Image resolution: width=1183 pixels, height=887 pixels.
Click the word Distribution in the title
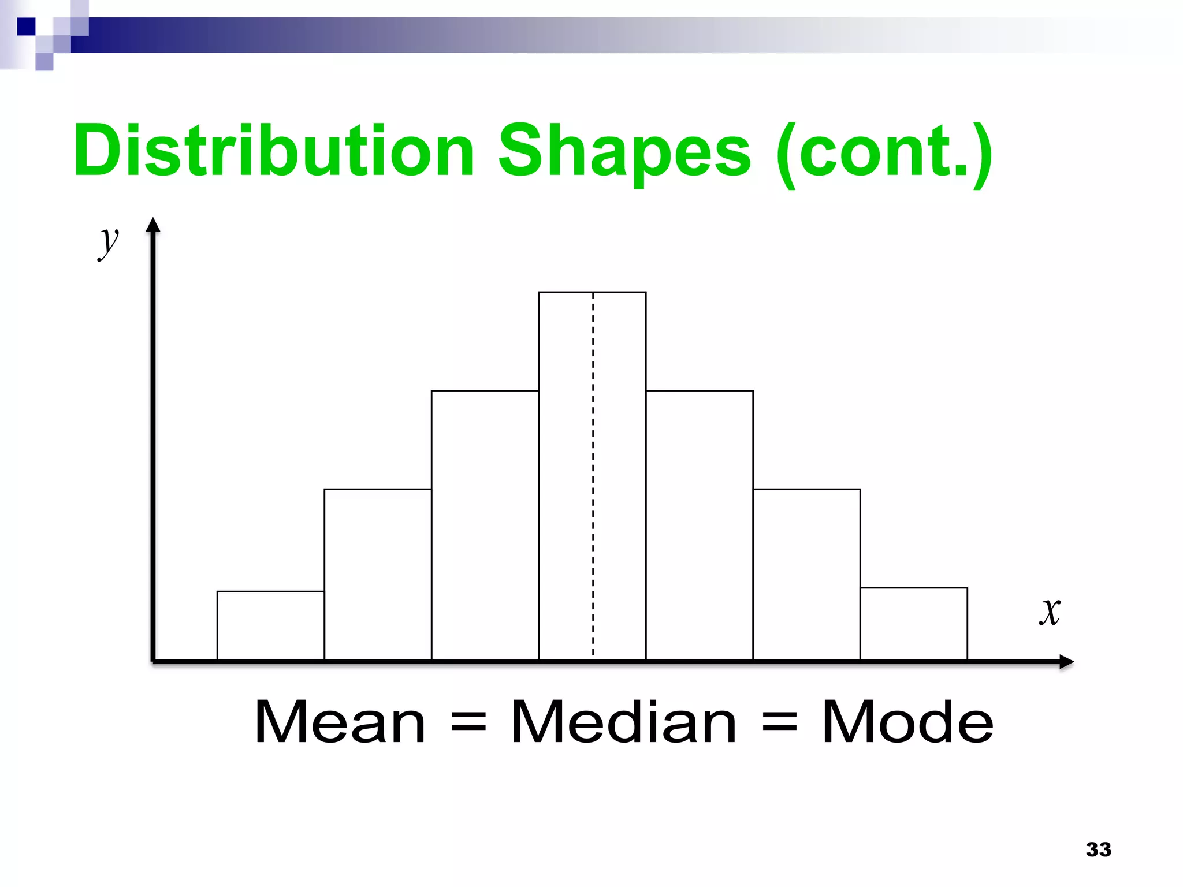pos(274,151)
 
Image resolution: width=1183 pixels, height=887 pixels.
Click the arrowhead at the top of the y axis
pos(153,225)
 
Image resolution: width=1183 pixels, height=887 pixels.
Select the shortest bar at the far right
pos(914,624)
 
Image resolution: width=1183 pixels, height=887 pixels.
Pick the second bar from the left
pos(378,575)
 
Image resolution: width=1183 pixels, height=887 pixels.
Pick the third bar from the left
pos(485,526)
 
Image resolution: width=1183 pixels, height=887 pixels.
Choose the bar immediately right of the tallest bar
pos(700,526)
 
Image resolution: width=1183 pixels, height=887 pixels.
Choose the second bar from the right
pos(806,575)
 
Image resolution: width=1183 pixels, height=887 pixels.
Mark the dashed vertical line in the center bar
pos(593,474)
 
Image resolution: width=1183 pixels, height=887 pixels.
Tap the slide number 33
pos(1098,849)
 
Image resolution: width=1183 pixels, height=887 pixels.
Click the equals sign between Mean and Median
pos(468,722)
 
